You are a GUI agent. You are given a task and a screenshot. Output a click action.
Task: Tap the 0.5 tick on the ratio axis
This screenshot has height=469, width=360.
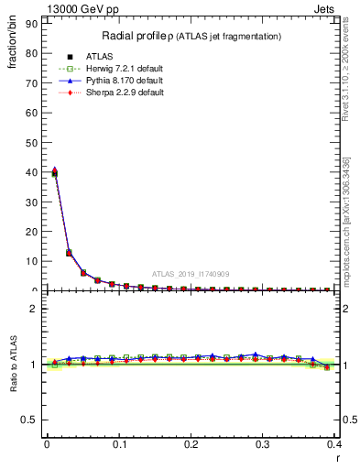point(33,420)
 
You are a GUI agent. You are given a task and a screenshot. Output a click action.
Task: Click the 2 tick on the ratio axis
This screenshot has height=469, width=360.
point(38,309)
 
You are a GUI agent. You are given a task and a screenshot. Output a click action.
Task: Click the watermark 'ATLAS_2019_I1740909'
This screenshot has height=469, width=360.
point(191,274)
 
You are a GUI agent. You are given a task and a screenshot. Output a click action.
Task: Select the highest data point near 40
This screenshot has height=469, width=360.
point(55,171)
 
